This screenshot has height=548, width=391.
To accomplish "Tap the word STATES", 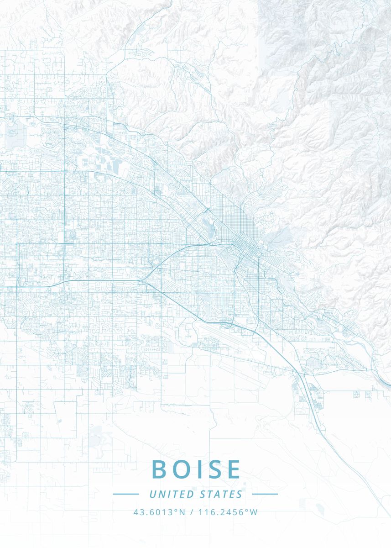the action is (221, 494).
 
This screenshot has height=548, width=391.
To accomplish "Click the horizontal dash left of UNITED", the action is (125, 494).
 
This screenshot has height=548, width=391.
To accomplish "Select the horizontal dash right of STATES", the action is (265, 494).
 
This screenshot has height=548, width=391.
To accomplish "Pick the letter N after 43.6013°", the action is (182, 512).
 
